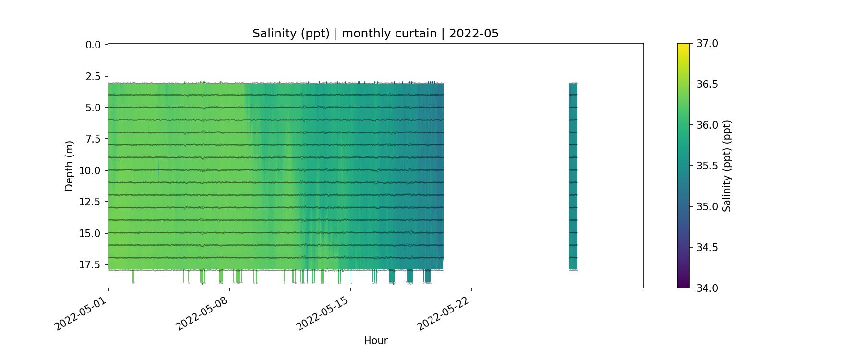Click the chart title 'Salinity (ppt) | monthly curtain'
(x=375, y=34)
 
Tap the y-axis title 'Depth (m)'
(x=69, y=166)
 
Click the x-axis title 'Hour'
(x=375, y=341)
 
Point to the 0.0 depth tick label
(x=93, y=45)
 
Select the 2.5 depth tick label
(x=93, y=76)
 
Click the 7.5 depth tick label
(x=93, y=139)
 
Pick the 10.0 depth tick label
(x=91, y=170)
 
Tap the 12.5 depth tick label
(x=91, y=202)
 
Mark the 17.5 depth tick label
(x=91, y=264)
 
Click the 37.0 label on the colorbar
(x=707, y=44)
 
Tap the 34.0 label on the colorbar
(x=707, y=288)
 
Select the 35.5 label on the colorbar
(x=707, y=166)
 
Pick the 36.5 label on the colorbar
(x=707, y=84)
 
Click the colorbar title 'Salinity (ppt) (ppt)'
(x=727, y=166)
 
